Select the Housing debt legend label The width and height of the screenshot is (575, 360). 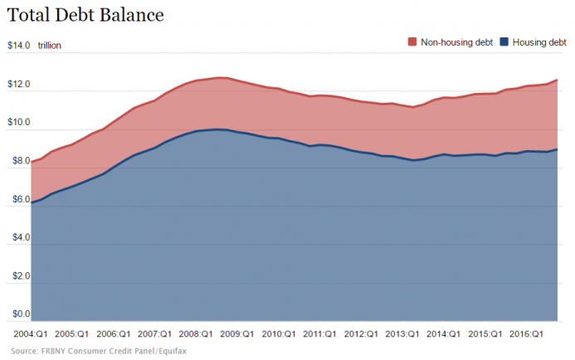click(x=539, y=41)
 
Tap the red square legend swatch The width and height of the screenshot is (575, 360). click(x=412, y=41)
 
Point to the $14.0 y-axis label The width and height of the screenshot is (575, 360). click(x=19, y=46)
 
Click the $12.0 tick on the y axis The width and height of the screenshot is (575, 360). click(x=19, y=85)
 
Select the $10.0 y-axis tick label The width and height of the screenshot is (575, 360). click(x=19, y=124)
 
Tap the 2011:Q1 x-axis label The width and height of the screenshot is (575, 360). click(x=319, y=333)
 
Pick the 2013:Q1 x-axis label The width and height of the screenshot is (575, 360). click(x=402, y=333)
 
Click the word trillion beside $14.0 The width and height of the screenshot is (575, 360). click(x=50, y=46)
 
